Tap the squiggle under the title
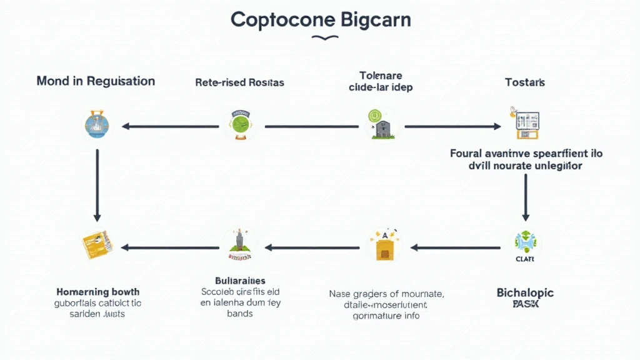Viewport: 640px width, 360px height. pyautogui.click(x=320, y=38)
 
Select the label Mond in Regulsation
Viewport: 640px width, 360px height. pyautogui.click(x=96, y=81)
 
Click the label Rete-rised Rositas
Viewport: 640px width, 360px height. pyautogui.click(x=239, y=82)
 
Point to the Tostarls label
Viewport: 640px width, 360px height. pyautogui.click(x=525, y=82)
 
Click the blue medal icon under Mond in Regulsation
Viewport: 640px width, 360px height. pyautogui.click(x=97, y=126)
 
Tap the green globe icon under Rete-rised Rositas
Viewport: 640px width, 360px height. pyautogui.click(x=241, y=125)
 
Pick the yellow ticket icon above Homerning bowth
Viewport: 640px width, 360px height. pyautogui.click(x=97, y=246)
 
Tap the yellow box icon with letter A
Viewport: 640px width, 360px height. pyautogui.click(x=384, y=246)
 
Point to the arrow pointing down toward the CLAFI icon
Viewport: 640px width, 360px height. pyautogui.click(x=525, y=197)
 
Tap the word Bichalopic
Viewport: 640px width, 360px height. pyautogui.click(x=525, y=292)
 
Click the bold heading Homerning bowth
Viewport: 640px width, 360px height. pyautogui.click(x=97, y=292)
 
